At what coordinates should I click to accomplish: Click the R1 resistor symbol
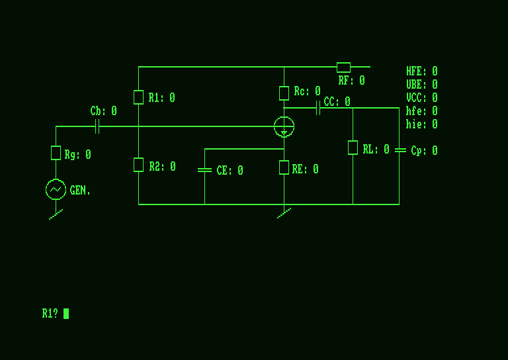[138, 97]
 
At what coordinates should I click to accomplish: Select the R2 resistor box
[138, 165]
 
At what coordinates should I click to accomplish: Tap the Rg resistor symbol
[56, 153]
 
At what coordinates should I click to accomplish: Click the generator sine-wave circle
[56, 189]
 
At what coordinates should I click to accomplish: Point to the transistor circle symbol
[284, 126]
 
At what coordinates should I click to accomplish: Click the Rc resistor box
[284, 93]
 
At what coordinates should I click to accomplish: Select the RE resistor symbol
[284, 167]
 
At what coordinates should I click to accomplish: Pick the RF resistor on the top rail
[343, 67]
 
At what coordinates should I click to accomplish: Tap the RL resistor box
[353, 148]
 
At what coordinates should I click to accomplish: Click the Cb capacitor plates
[97, 126]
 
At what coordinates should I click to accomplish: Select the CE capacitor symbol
[204, 170]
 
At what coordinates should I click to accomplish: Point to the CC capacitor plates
[318, 108]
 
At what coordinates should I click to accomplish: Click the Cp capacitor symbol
[400, 150]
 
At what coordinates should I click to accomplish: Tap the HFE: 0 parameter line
[421, 71]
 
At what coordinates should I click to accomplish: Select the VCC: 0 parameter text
[421, 98]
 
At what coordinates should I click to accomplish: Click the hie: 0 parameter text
[421, 124]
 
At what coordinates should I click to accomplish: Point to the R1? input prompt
[50, 314]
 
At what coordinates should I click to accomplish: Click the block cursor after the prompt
[66, 314]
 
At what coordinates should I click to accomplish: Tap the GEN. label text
[80, 191]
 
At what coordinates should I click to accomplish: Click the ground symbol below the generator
[56, 214]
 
